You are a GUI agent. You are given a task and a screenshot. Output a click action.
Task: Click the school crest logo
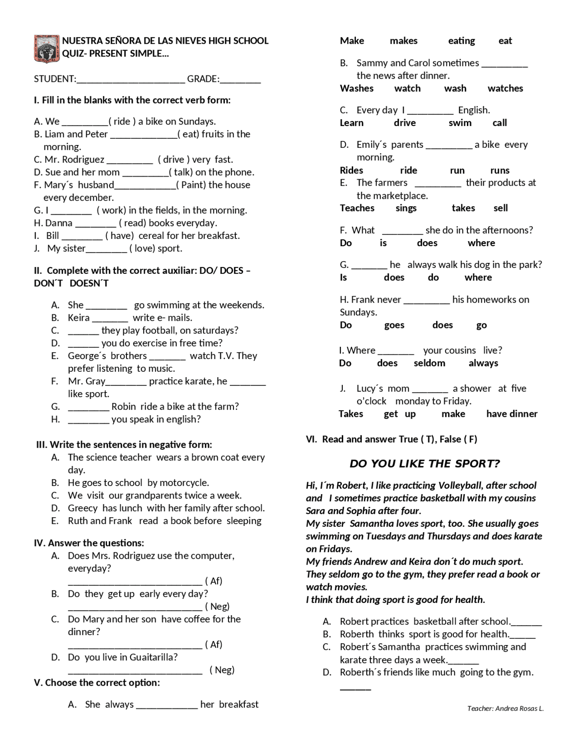point(47,48)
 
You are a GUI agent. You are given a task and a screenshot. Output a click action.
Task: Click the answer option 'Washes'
point(356,89)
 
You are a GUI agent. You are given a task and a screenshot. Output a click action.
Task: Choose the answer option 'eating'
point(461,41)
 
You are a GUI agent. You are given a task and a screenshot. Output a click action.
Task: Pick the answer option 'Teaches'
point(357,208)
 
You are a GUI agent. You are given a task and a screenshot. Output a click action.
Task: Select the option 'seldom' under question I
point(429,363)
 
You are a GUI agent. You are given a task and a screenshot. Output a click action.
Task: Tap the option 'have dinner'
point(512,414)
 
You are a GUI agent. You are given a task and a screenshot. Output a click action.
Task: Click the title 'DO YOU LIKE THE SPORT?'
point(424,464)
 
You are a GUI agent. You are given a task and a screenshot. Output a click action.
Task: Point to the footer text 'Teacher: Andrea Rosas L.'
point(505,708)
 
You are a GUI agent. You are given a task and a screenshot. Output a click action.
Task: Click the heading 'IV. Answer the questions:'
point(89,543)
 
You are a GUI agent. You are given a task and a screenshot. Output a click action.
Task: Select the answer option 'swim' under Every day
point(460,123)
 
